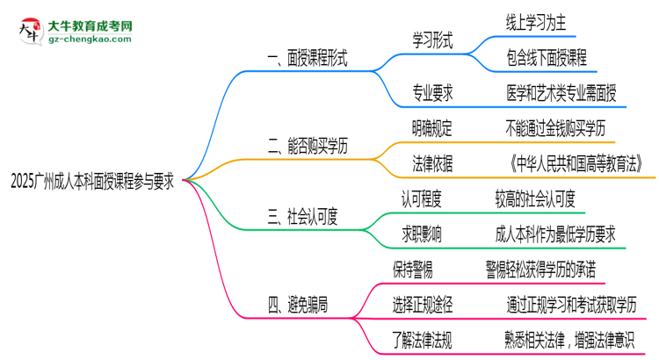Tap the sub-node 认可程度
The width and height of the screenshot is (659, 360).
423,198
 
